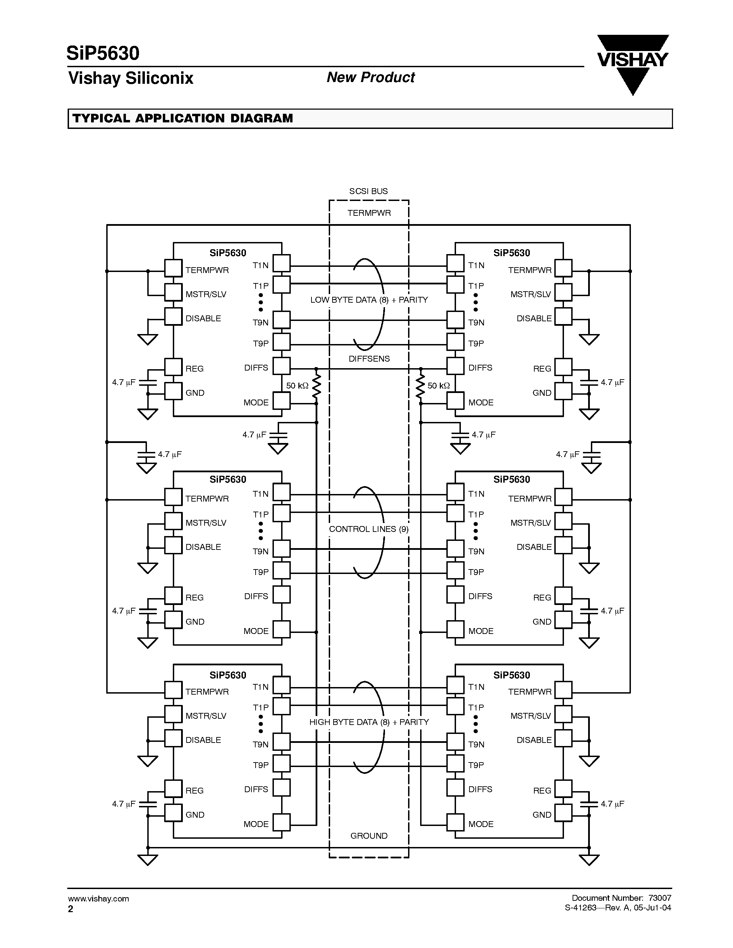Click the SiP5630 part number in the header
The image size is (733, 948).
pos(103,53)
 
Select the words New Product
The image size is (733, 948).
pos(370,77)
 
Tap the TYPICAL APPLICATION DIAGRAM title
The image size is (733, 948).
pos(182,119)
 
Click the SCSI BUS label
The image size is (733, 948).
pos(368,191)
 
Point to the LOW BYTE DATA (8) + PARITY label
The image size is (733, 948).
pos(369,300)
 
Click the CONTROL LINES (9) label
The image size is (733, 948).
pos(369,529)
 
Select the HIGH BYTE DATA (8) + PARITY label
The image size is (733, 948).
pos(369,722)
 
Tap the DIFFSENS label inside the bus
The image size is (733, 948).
pos(369,359)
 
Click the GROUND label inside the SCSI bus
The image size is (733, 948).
pos(369,836)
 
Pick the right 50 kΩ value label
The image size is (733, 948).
pos(438,385)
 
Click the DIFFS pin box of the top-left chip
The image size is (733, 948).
pos(281,366)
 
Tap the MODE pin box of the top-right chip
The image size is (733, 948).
pos(455,401)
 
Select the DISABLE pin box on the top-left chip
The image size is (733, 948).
pos(173,316)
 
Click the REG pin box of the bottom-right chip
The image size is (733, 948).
pos(563,789)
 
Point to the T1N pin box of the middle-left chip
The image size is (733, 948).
pos(281,492)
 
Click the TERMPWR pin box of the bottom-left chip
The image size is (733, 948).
pos(173,690)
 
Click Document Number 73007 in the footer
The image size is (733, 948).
pos(621,898)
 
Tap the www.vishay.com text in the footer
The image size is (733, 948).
pos(98,898)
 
